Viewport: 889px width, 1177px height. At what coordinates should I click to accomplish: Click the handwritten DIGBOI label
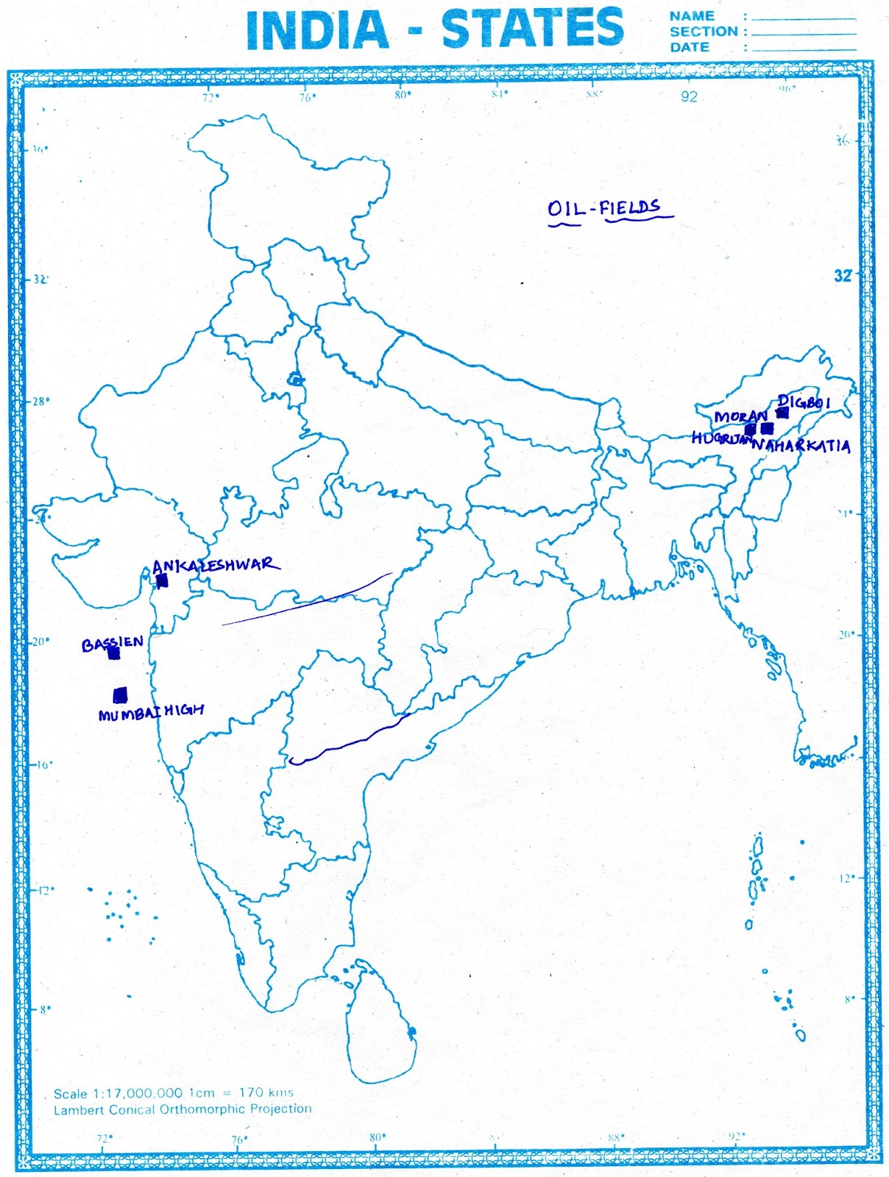tap(804, 402)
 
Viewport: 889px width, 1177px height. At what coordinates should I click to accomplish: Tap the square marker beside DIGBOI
tap(782, 413)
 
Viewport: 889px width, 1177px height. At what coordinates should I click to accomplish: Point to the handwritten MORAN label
tap(740, 416)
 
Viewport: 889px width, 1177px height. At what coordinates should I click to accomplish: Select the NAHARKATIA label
tap(801, 446)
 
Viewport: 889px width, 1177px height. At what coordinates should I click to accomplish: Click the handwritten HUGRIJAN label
tap(721, 438)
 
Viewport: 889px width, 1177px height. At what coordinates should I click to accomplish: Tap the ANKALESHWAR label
tap(215, 565)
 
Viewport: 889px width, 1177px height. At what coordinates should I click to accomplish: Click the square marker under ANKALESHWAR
tap(163, 581)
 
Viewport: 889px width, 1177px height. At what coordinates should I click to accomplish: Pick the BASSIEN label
tap(112, 644)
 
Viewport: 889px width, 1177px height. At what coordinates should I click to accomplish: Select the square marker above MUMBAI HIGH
tap(120, 694)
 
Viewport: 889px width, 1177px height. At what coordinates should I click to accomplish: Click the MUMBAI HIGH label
tap(151, 712)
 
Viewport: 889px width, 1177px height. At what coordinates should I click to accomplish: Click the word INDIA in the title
tap(317, 30)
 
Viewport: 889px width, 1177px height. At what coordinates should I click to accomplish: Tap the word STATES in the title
tap(532, 29)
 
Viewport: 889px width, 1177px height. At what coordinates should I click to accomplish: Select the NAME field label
tap(692, 15)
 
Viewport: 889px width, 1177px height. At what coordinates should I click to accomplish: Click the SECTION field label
tap(704, 32)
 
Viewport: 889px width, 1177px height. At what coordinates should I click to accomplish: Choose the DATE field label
tap(690, 47)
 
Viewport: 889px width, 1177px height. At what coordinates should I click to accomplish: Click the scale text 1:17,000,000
tap(137, 1094)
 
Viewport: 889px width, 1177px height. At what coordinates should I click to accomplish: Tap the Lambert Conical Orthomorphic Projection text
tap(183, 1109)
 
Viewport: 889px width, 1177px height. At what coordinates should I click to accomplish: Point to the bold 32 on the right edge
tap(843, 276)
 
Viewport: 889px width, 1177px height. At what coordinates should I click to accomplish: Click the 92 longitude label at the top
tap(689, 96)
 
